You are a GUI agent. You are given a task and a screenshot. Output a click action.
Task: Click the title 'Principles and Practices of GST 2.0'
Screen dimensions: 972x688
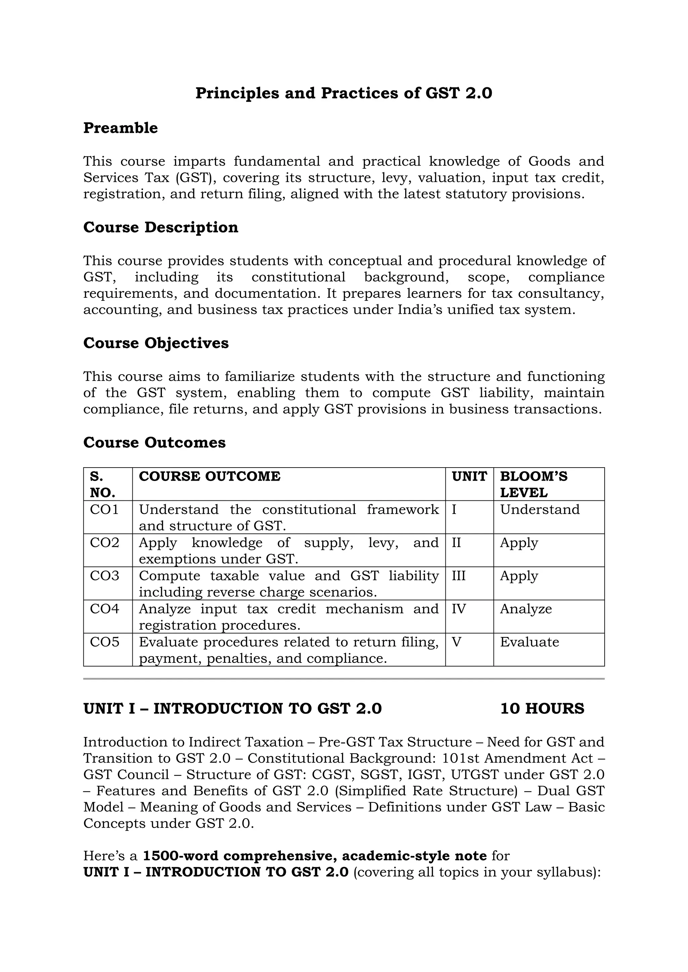[344, 93]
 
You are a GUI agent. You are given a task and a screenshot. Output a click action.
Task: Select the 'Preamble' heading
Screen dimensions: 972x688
[120, 128]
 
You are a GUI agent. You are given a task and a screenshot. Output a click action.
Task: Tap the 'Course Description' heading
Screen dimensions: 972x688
[161, 227]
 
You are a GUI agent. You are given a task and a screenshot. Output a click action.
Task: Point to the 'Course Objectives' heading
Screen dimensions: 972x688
[156, 343]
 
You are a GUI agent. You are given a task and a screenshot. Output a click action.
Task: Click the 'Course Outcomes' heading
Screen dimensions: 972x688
[154, 442]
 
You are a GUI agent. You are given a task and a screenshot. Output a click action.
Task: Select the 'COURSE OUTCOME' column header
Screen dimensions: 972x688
[209, 476]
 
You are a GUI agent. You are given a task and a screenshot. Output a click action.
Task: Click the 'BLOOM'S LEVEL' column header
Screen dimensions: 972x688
[533, 484]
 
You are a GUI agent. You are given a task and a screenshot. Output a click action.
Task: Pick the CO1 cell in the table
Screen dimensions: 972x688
[104, 509]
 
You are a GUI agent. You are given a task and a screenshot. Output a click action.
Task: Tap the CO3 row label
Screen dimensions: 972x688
[104, 576]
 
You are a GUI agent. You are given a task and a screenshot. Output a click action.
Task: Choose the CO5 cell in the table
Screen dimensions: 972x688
[104, 642]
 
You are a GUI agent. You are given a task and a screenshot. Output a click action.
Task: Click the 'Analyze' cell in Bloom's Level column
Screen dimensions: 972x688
[526, 609]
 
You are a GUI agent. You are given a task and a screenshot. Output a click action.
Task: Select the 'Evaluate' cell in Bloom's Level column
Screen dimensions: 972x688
[529, 642]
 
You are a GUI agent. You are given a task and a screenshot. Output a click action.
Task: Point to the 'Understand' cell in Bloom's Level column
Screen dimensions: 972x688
[540, 509]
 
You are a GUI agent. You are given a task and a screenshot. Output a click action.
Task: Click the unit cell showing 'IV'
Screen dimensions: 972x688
[459, 609]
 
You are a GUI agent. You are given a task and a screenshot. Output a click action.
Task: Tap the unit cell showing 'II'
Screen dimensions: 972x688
[456, 543]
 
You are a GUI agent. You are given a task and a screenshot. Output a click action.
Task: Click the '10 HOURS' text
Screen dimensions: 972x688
[542, 709]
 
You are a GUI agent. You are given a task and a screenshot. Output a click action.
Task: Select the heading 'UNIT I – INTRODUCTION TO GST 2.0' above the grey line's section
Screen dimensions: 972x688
[232, 709]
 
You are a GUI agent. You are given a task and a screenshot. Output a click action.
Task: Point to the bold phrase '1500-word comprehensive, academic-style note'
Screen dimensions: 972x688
[315, 856]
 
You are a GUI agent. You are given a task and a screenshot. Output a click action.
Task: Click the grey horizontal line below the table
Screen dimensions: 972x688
[344, 679]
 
